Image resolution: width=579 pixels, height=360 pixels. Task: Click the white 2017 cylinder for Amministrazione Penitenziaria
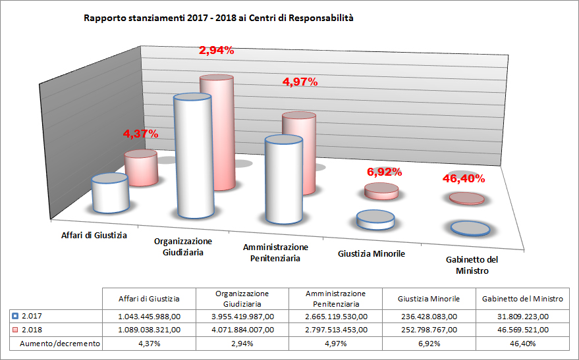click(x=283, y=181)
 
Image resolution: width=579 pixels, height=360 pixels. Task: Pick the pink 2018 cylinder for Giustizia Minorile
click(x=381, y=192)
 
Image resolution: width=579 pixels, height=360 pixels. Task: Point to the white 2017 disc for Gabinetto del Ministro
click(x=470, y=228)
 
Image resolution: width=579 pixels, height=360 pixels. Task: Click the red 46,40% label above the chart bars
click(x=462, y=178)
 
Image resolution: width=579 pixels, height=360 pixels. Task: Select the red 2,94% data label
click(x=217, y=50)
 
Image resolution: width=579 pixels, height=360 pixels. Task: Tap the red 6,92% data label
click(x=383, y=172)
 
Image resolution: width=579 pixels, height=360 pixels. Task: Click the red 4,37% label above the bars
click(x=140, y=134)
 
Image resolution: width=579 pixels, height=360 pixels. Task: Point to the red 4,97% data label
click(x=300, y=82)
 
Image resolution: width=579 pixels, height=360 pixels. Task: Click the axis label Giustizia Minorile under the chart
click(x=371, y=253)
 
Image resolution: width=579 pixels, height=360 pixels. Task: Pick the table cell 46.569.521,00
click(x=522, y=330)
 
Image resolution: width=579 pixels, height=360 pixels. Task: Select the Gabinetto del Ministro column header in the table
click(x=522, y=299)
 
